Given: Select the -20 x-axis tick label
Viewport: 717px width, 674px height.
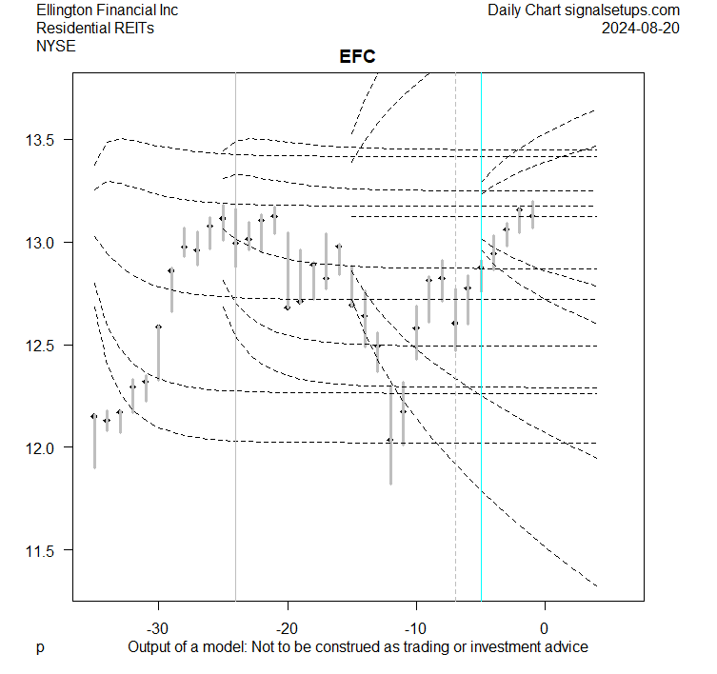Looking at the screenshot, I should point(287,628).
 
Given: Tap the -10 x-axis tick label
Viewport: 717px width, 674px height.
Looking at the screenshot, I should point(415,628).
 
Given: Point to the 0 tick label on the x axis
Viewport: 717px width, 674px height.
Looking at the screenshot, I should point(544,628).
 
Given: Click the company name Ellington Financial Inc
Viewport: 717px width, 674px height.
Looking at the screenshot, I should point(107,10).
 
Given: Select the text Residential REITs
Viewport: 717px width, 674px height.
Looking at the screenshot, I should point(95,29).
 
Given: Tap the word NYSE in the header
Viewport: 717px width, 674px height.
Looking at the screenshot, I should point(56,46).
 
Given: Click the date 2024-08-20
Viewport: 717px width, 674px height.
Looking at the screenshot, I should point(641,29).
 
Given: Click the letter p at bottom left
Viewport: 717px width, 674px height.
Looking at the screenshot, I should point(40,647).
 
